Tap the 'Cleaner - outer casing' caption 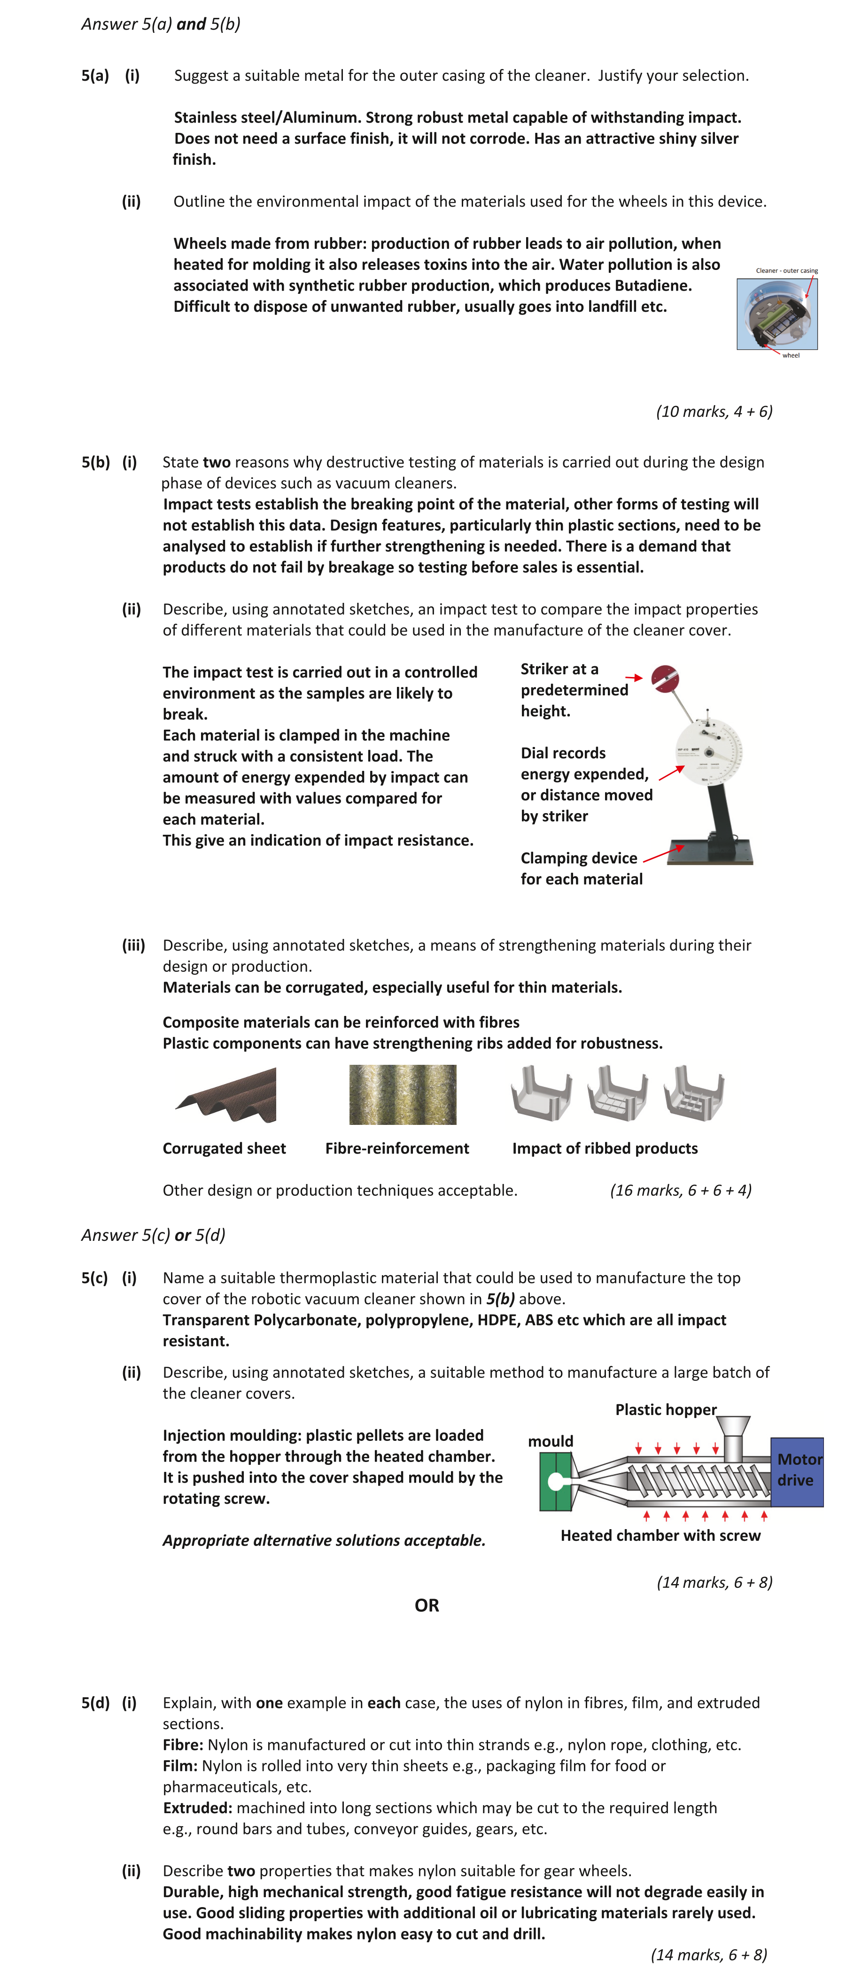[786, 270]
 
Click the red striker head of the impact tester [664, 679]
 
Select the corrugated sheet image [226, 1094]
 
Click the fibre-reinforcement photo [402, 1094]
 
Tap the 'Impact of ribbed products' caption [604, 1148]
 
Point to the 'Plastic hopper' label [665, 1409]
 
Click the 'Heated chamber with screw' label [660, 1535]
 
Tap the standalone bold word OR [426, 1605]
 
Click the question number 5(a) [95, 76]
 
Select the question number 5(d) [95, 1702]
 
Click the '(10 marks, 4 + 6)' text [714, 411]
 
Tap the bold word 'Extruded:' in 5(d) [197, 1808]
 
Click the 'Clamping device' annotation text [579, 858]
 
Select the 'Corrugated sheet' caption [224, 1148]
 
